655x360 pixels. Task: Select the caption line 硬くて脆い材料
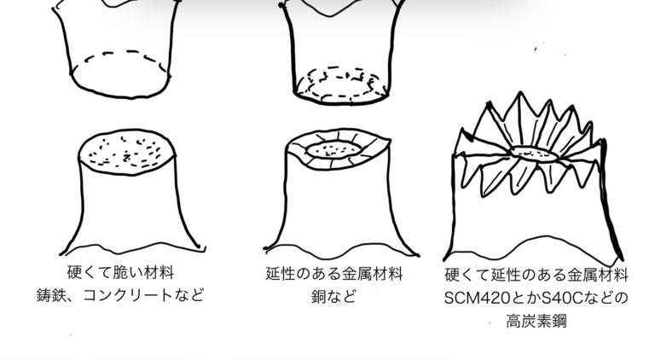point(120,273)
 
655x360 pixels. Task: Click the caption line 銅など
point(333,297)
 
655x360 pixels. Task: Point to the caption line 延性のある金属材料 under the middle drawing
point(334,274)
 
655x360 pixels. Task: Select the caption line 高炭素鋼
point(536,322)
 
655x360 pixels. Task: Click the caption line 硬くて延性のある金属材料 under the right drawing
point(536,276)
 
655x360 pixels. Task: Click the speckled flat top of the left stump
point(126,152)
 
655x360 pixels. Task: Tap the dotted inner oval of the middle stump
point(334,149)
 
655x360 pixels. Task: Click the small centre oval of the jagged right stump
point(535,154)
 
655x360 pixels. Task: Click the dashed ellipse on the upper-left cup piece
point(126,53)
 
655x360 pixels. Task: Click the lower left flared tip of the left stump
point(61,253)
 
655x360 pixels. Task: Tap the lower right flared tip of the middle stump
point(417,255)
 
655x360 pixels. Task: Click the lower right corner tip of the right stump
point(623,259)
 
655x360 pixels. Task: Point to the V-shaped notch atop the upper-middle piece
point(330,15)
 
